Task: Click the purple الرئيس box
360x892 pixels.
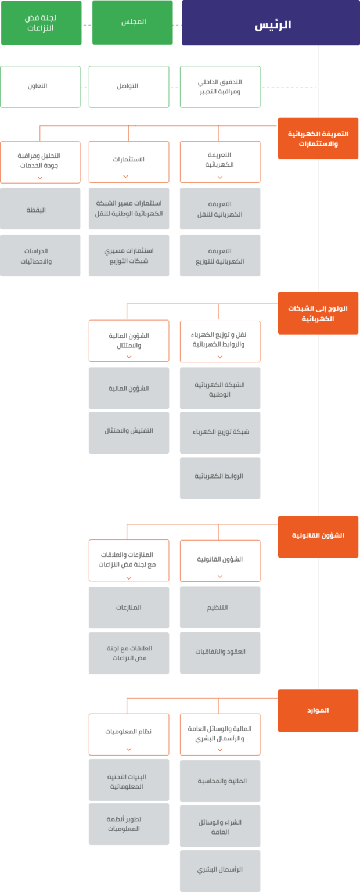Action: point(271,23)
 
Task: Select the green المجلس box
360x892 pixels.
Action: point(132,23)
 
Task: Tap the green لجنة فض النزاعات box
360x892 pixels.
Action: point(41,23)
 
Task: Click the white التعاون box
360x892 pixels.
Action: point(40,87)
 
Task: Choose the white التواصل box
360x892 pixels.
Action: point(129,87)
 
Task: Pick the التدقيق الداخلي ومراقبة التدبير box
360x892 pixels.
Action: point(220,87)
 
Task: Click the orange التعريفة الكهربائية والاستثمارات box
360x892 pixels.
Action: point(318,138)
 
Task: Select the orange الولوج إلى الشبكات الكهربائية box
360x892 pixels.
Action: point(318,313)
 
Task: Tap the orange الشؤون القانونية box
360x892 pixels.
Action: point(318,536)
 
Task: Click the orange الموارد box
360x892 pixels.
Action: point(318,710)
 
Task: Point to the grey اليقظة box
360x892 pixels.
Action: point(40,209)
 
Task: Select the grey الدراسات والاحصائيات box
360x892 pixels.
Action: point(40,256)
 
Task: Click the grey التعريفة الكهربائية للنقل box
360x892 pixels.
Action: point(220,209)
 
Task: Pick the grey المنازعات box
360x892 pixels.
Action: point(129,607)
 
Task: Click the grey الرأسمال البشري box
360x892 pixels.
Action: point(220,871)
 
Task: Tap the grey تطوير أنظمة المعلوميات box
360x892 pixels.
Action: point(129,823)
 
